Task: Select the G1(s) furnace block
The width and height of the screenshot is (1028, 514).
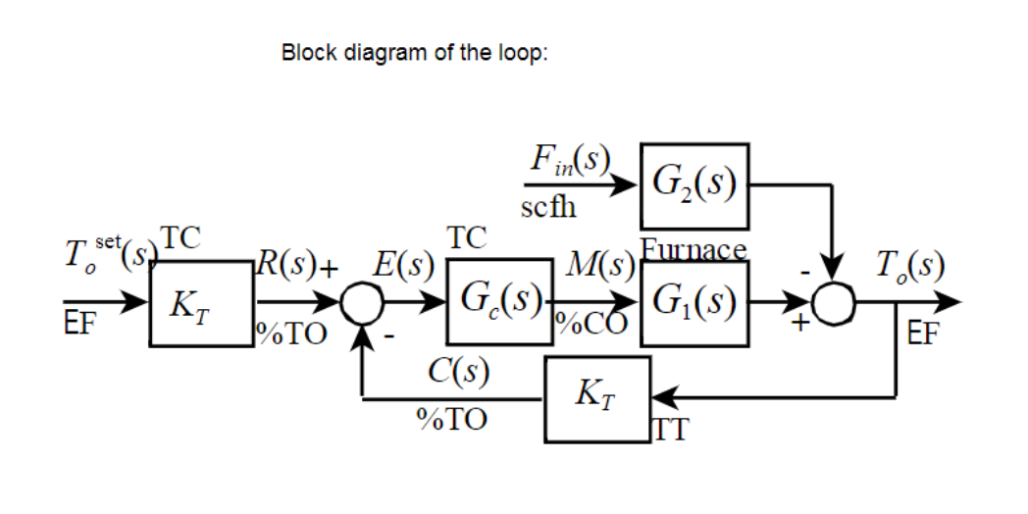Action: pyautogui.click(x=694, y=302)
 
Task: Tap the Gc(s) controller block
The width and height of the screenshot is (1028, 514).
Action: pyautogui.click(x=498, y=302)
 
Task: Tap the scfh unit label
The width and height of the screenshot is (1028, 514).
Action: pyautogui.click(x=548, y=208)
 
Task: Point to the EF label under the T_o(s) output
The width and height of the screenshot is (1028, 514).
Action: pyautogui.click(x=922, y=331)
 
